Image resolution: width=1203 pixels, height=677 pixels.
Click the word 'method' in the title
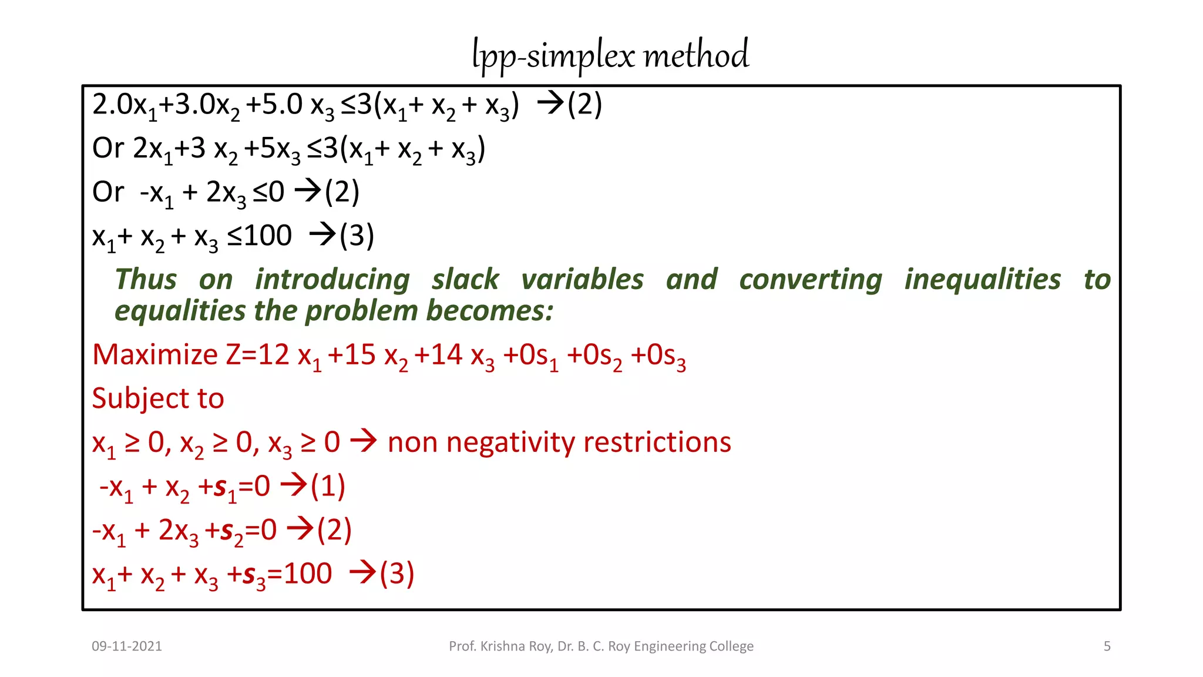tap(696, 55)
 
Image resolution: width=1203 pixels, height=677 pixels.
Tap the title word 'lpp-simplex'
tap(553, 56)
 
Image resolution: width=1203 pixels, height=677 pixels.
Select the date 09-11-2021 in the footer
tap(127, 646)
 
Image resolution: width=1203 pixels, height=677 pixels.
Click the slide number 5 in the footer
tap(1107, 646)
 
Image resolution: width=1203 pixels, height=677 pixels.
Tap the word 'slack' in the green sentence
tap(465, 279)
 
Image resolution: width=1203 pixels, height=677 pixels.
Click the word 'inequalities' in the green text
tap(983, 279)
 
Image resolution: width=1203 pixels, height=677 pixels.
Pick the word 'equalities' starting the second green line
tap(180, 311)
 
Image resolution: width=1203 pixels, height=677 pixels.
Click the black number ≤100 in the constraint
tap(260, 236)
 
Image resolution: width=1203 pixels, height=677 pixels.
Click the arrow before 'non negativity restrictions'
tap(364, 441)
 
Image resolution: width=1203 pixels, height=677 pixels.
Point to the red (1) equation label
tap(328, 486)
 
